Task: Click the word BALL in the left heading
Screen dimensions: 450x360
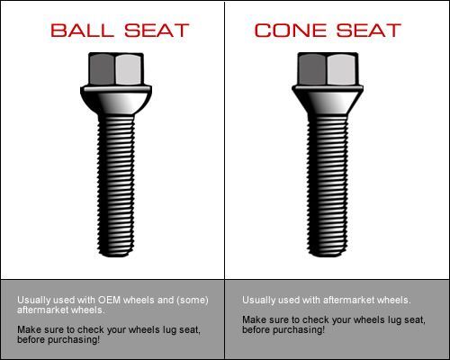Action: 82,31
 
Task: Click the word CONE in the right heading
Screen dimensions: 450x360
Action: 291,31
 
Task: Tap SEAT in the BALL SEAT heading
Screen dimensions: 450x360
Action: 157,31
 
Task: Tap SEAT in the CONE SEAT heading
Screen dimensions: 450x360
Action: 368,31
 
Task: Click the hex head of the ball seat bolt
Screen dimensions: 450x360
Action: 116,69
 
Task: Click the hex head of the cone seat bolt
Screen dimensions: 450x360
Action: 328,69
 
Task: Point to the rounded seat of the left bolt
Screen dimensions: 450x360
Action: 116,100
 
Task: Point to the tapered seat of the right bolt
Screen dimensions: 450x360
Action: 328,100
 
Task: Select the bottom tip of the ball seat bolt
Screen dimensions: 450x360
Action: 116,256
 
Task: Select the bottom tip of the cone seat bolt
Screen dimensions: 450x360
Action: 328,256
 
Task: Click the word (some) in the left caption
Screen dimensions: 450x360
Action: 193,301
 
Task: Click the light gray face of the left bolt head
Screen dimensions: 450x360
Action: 129,69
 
